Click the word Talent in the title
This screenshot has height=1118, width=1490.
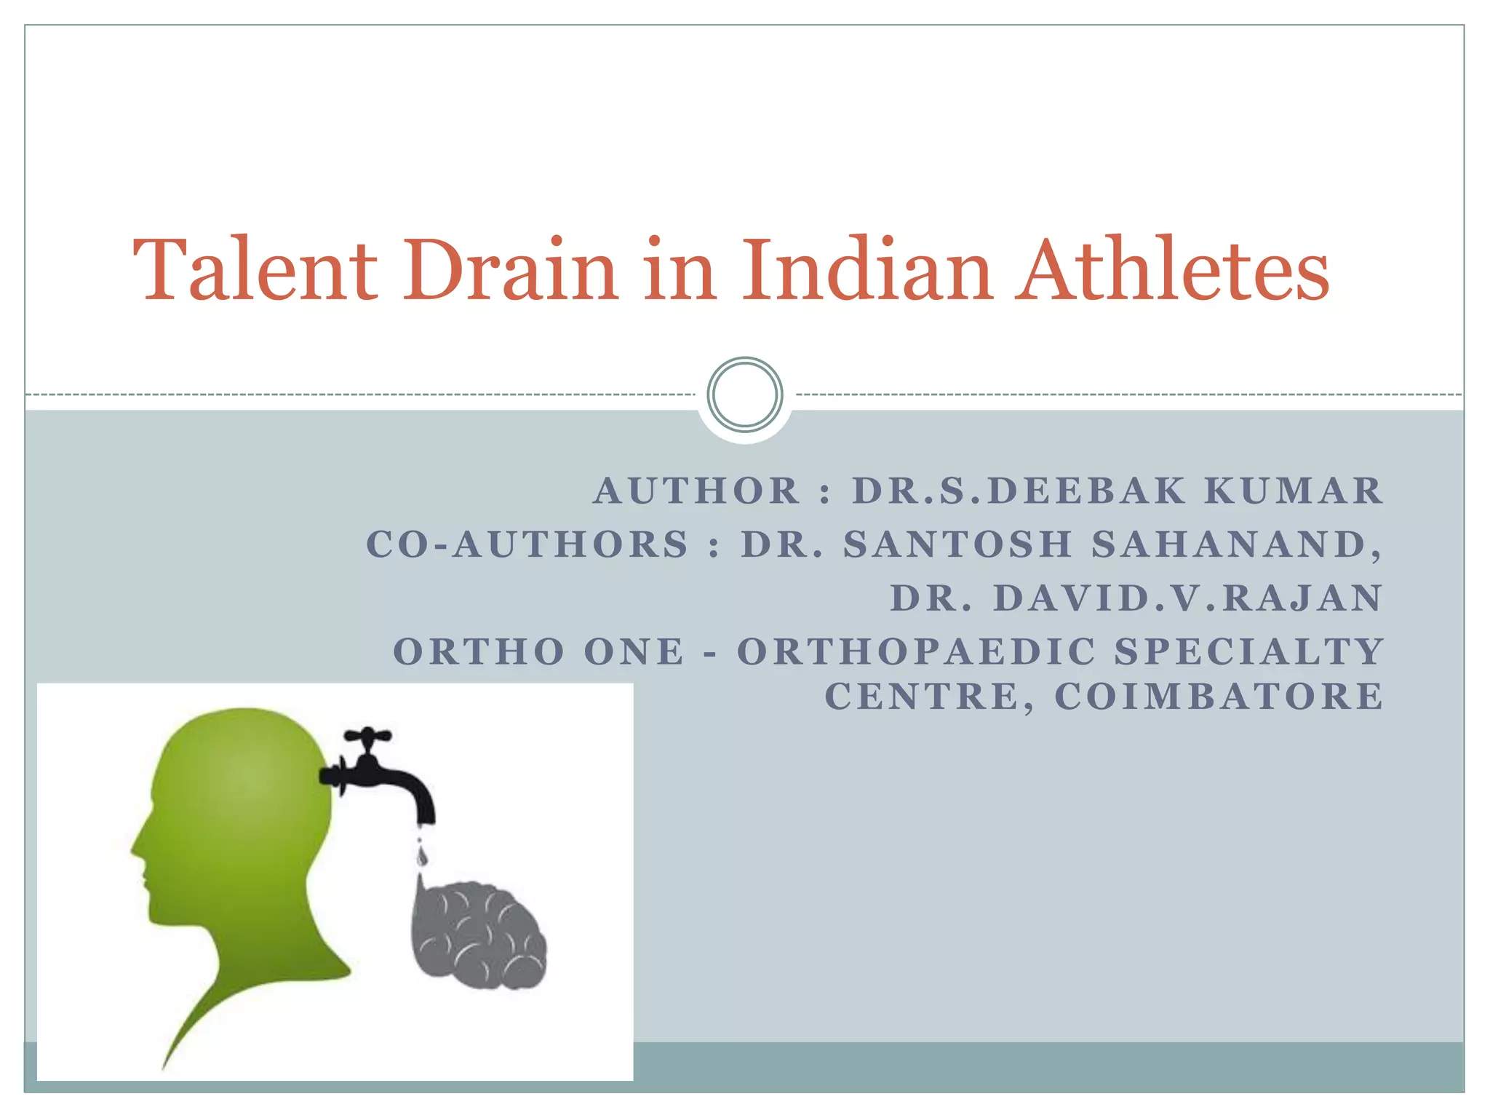click(255, 270)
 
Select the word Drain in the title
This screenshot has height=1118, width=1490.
click(510, 270)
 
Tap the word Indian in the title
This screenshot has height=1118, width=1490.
click(866, 270)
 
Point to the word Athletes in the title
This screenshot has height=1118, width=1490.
click(1173, 270)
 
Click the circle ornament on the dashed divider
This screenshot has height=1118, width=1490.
click(744, 395)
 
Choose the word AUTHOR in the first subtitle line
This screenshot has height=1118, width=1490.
click(697, 491)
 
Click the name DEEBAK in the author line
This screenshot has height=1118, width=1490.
click(1087, 491)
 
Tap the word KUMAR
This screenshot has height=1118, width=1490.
click(1293, 491)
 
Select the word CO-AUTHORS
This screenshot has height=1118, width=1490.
click(527, 544)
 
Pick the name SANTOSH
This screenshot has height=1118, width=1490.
click(957, 544)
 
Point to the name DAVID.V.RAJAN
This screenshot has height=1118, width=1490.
click(1187, 598)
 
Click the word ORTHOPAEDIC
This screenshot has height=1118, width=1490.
click(917, 651)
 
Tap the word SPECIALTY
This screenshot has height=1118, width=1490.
click(1248, 651)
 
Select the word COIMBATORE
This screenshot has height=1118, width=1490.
click(1219, 697)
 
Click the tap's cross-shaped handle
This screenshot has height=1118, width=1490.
click(367, 737)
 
